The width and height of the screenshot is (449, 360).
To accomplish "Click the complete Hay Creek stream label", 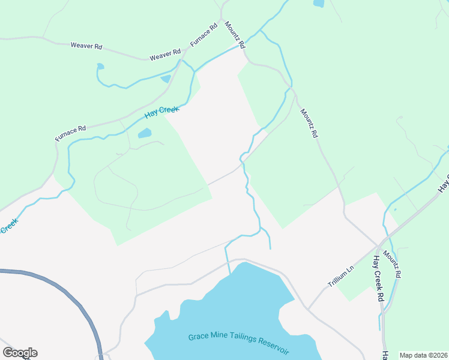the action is (162, 112).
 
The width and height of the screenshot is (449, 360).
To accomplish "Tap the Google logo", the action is (20, 353).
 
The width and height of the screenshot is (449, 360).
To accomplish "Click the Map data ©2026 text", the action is (423, 355).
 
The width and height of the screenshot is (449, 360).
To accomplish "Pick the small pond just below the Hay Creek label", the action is (145, 133).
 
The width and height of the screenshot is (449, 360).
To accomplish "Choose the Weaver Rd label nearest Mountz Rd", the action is (165, 55).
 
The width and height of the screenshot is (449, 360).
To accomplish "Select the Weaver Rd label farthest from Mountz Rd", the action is (86, 46).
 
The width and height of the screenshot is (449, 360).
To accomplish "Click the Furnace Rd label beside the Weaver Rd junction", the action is (203, 35).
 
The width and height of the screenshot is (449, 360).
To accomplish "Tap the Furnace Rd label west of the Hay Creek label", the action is (71, 133).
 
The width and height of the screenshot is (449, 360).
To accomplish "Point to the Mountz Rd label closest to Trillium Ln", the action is (391, 265).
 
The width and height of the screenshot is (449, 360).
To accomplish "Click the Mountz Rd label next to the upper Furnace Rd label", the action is (235, 35).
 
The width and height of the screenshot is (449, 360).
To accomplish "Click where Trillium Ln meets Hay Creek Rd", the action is (377, 246).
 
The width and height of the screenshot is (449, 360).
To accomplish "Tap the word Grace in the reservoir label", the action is (199, 337).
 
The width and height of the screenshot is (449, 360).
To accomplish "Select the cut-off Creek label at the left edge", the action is (8, 226).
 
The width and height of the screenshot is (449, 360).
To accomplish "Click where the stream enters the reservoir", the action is (230, 274).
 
